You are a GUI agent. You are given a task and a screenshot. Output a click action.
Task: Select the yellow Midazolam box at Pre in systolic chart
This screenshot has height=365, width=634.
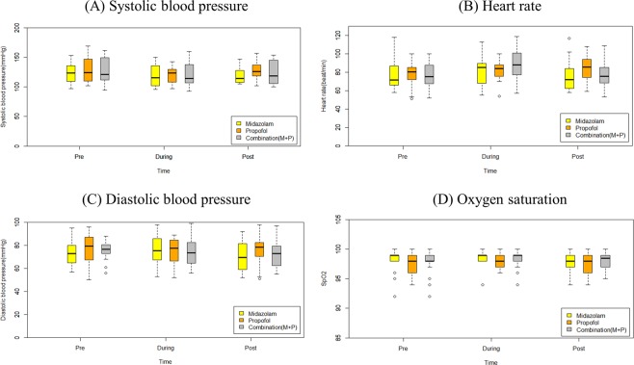pos(70,73)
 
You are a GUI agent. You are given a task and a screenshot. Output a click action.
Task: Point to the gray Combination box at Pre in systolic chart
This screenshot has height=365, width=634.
pos(105,71)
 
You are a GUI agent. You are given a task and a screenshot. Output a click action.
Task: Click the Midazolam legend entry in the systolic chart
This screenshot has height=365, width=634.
pos(269,124)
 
